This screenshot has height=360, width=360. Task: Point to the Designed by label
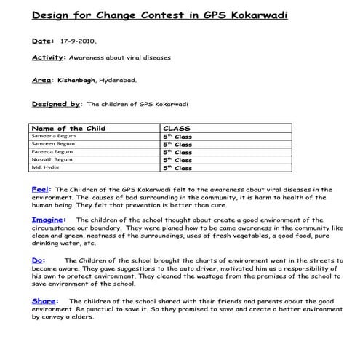[x=57, y=104]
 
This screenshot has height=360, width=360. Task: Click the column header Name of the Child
[x=70, y=128]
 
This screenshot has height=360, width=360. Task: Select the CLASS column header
[x=177, y=128]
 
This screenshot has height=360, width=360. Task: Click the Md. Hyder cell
[x=45, y=167]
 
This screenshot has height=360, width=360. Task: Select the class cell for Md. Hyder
[x=177, y=167]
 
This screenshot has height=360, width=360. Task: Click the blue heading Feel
[x=41, y=188]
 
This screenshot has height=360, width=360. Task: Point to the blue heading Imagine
[x=49, y=219]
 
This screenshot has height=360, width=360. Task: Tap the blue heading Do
[x=38, y=259]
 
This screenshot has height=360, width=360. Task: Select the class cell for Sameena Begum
[x=177, y=136]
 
